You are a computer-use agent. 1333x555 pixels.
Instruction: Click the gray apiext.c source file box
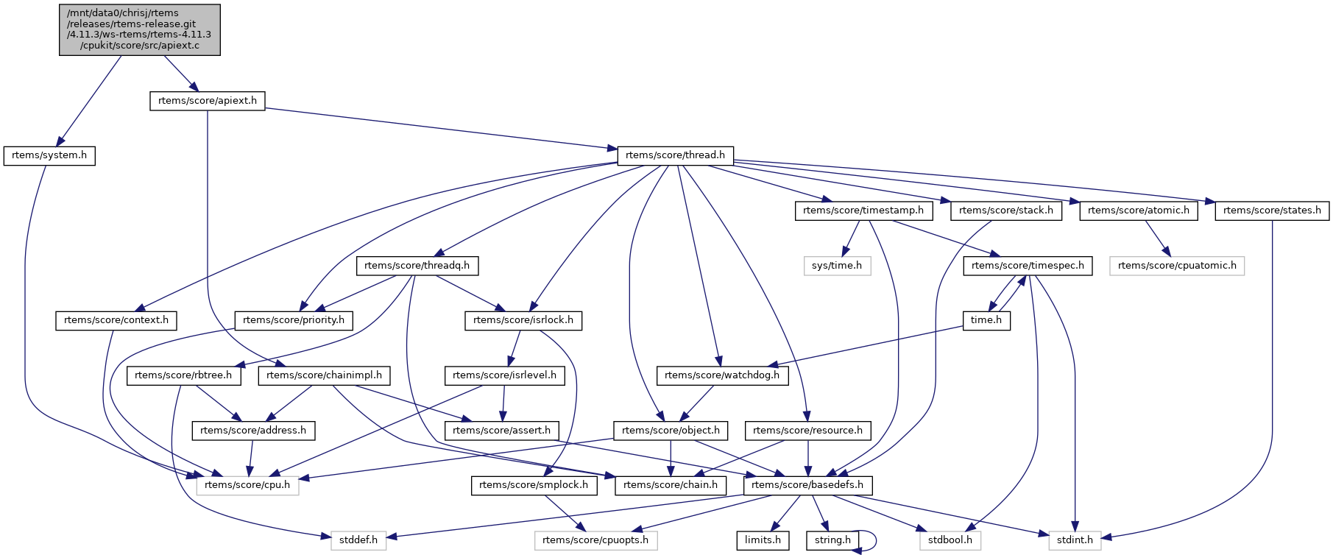[140, 29]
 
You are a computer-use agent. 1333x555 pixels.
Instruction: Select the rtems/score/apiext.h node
[208, 101]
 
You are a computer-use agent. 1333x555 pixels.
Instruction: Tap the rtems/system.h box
[49, 155]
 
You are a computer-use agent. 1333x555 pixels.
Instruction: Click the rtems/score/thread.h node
[675, 155]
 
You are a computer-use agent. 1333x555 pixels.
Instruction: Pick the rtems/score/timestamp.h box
[863, 211]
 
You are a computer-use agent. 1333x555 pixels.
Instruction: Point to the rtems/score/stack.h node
[1005, 211]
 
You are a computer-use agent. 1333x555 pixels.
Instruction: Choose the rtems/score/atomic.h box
[1138, 211]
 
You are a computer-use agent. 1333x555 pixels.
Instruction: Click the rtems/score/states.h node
[1272, 211]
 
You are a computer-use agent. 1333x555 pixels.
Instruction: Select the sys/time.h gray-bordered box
[837, 266]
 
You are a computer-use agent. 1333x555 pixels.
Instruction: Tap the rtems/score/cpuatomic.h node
[1177, 266]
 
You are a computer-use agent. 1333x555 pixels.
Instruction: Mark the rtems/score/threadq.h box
[417, 266]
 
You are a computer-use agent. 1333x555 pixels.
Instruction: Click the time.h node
[986, 320]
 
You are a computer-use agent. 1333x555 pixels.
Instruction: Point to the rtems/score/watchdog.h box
[722, 375]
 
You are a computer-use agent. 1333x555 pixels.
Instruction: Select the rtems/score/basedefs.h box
[807, 485]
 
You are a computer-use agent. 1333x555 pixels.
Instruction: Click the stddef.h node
[358, 540]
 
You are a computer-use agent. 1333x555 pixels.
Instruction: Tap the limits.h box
[763, 540]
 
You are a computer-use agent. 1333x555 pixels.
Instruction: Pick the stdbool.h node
[950, 540]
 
